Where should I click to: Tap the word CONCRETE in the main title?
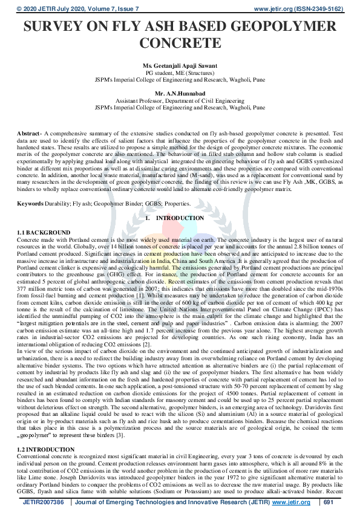point(180,44)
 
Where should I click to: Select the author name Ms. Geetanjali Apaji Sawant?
point(180,65)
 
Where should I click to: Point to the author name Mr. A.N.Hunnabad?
point(180,94)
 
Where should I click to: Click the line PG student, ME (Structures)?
point(180,72)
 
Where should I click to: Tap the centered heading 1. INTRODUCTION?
point(179,217)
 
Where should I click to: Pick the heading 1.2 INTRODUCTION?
point(46,450)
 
